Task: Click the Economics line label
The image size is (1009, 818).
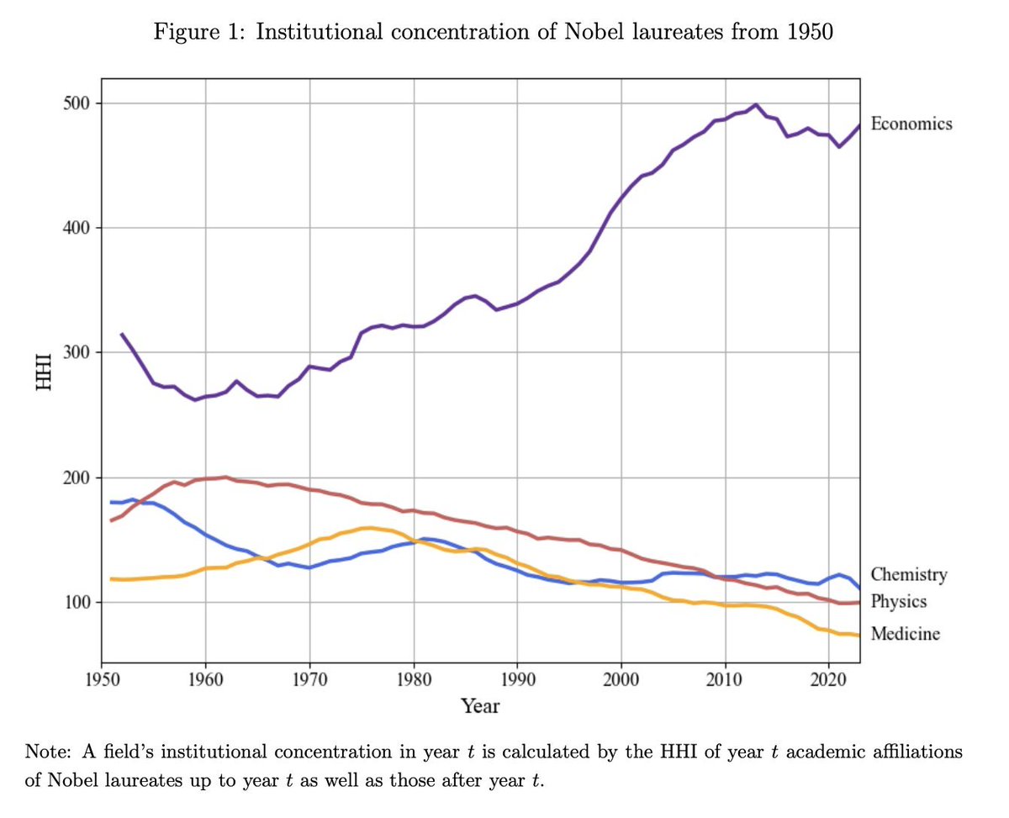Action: pos(911,124)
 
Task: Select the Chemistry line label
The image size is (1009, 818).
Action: pos(908,575)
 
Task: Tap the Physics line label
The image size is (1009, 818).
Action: pos(899,602)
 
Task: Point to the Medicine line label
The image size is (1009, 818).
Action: pos(905,633)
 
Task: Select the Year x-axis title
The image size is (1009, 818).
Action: pos(480,706)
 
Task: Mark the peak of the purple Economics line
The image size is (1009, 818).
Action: pos(756,105)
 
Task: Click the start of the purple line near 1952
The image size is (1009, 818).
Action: pos(122,334)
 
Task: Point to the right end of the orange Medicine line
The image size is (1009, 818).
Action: pos(858,636)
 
